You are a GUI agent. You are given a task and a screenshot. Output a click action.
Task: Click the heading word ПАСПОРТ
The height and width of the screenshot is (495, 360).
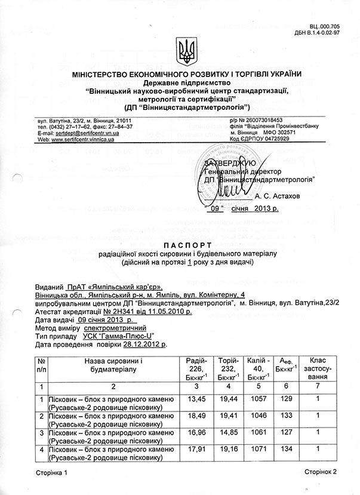point(180,245)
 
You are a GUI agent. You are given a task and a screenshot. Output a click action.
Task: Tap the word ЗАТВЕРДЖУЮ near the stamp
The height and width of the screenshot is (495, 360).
point(230,162)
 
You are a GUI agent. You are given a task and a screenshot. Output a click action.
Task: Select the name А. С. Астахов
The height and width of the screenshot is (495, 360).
point(279,196)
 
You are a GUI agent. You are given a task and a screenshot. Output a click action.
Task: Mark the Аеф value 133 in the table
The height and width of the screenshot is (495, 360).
point(287,414)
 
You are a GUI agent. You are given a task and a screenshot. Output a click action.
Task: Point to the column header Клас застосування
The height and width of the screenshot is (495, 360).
point(318,369)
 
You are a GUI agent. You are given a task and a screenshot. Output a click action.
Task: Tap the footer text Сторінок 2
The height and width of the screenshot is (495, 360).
point(321,471)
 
